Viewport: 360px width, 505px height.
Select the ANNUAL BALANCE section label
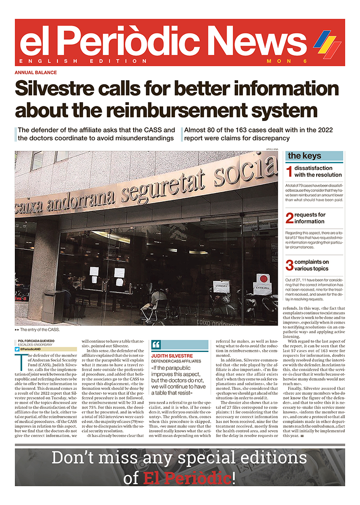click(x=36, y=72)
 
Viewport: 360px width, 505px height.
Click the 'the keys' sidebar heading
click(x=305, y=156)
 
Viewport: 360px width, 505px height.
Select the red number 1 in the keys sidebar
click(x=289, y=171)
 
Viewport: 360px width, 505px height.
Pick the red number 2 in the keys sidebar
click(x=289, y=218)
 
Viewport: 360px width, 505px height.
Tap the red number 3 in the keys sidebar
click(x=289, y=265)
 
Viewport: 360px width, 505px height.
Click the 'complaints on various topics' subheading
click(x=312, y=265)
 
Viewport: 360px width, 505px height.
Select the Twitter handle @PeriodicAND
click(x=33, y=349)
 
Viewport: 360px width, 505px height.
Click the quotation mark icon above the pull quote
click(x=156, y=345)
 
